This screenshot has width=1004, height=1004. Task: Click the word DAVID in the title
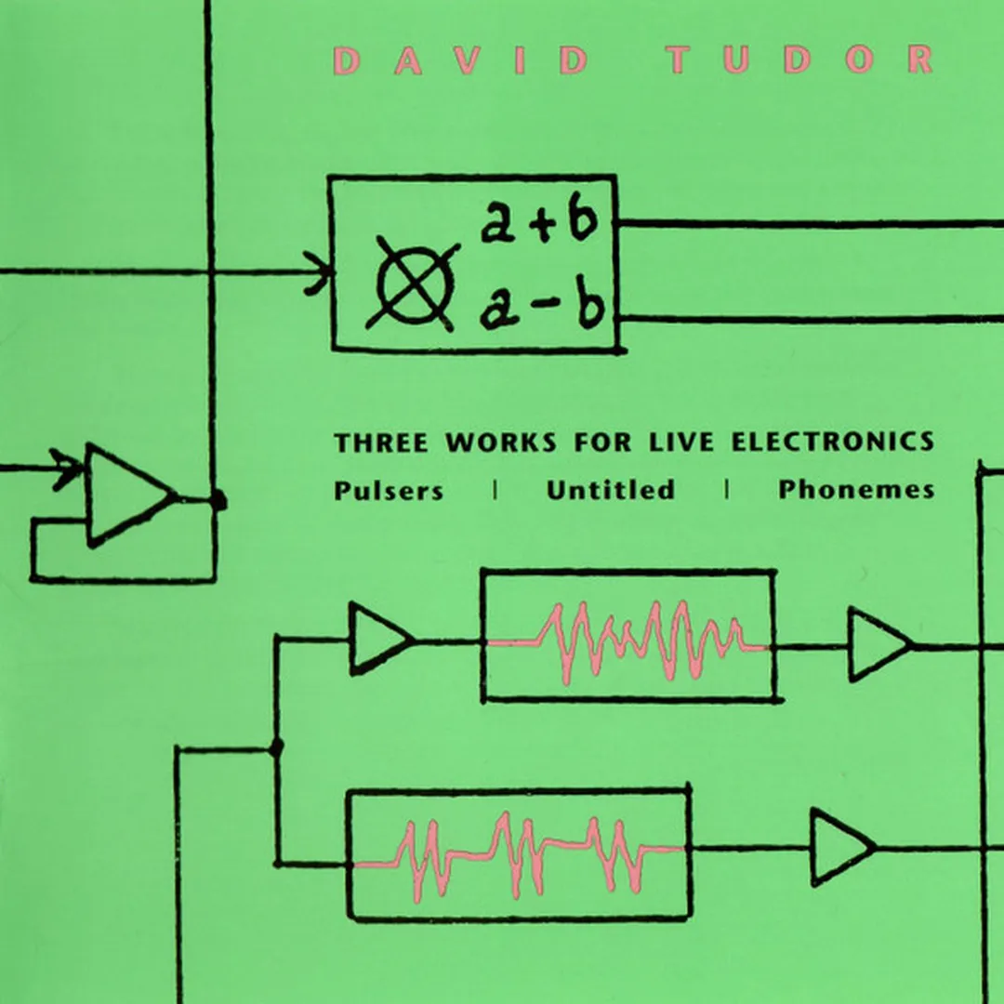[x=461, y=60]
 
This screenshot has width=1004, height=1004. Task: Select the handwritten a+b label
[x=538, y=225]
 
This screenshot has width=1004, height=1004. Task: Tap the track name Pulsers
[x=389, y=490]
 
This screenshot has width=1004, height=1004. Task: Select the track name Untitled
[x=611, y=490]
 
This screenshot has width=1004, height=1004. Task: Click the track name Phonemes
[x=856, y=490]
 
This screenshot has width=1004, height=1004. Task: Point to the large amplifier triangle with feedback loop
[x=125, y=495]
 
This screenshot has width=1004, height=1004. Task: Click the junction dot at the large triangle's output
[x=218, y=502]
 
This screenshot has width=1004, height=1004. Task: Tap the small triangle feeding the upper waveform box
[x=376, y=639]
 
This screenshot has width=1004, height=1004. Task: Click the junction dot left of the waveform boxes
[x=276, y=746]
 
